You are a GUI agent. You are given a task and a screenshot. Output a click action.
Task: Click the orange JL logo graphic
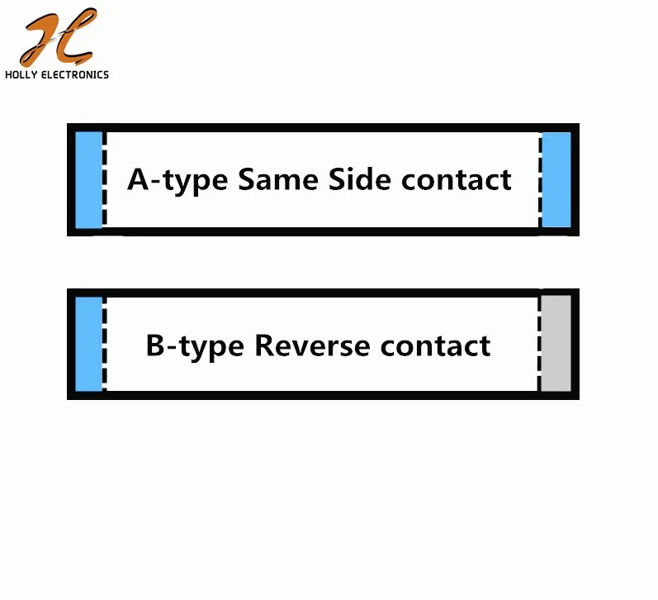[58, 37]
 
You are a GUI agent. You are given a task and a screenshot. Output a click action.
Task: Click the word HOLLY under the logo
[21, 74]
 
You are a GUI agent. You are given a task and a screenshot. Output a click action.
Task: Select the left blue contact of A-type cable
[88, 180]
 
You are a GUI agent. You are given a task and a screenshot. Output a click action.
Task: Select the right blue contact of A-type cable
[556, 180]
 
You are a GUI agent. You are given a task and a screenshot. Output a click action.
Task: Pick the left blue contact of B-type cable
[88, 344]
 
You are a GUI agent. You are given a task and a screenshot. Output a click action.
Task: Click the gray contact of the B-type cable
[556, 343]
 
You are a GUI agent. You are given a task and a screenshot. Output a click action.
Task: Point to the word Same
[278, 179]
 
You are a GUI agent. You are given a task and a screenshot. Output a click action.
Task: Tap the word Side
[360, 179]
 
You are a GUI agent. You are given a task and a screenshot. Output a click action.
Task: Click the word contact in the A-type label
[457, 180]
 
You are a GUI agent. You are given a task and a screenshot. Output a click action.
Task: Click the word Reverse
[312, 345]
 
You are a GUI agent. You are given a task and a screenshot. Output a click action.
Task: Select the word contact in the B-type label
[435, 346]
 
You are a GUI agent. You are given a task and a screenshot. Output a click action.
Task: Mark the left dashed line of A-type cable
[105, 180]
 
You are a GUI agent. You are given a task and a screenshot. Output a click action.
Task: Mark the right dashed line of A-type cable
[540, 180]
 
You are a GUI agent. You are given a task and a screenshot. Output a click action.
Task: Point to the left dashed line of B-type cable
[105, 344]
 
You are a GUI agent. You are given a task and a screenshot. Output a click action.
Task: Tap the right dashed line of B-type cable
[539, 343]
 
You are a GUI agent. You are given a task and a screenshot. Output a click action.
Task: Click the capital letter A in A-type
[139, 179]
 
